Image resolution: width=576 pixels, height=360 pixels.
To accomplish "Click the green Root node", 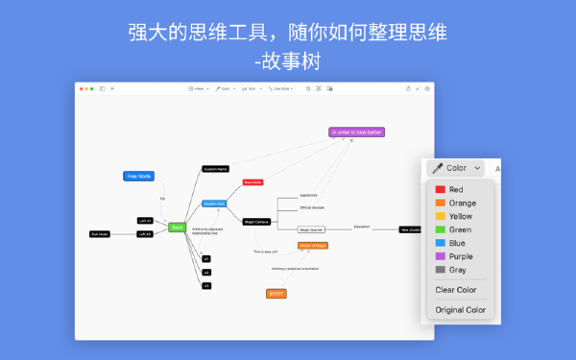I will [x=177, y=228].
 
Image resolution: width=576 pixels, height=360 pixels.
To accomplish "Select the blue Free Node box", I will [x=138, y=176].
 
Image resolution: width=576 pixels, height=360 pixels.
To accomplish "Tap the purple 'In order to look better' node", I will [x=356, y=132].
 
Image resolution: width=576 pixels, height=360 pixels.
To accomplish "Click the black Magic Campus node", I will [x=254, y=221].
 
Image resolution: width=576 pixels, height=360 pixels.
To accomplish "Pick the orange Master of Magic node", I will [x=313, y=246].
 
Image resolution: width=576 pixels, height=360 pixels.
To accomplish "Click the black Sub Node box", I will [x=100, y=234].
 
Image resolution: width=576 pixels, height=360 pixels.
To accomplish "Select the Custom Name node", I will [x=215, y=169].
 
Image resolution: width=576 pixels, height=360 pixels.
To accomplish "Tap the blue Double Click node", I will [x=214, y=204].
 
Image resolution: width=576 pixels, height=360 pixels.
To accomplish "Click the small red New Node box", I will [x=252, y=181].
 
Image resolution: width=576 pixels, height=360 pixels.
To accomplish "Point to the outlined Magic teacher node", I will [x=311, y=229].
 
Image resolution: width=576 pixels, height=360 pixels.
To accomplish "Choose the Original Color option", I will [x=461, y=310].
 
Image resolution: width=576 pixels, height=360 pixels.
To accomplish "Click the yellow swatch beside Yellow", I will [x=441, y=217].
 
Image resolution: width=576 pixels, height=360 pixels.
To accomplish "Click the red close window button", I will [x=83, y=88].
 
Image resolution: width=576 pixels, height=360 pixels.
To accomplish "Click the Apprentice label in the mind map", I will [x=308, y=195].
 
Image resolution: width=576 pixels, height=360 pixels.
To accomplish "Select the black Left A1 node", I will [x=145, y=220].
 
